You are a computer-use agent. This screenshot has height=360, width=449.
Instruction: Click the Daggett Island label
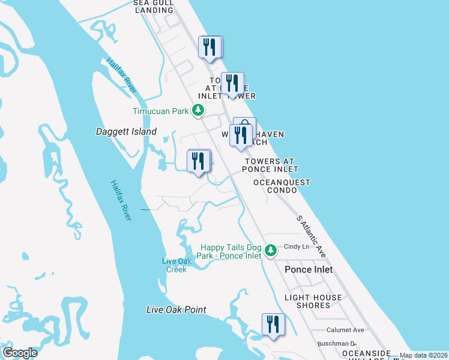[126, 131]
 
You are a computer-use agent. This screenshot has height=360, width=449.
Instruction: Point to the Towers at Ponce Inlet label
[270, 165]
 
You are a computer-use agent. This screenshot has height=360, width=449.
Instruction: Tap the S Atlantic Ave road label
[311, 237]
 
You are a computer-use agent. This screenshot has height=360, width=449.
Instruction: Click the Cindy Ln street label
[296, 247]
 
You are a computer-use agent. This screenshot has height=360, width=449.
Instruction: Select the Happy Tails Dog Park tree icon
[271, 249]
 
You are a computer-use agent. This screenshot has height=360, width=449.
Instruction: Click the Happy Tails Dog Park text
[231, 251]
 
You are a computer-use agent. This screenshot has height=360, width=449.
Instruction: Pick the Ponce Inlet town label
[309, 269]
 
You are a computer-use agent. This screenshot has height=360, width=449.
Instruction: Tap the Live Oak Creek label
[174, 265]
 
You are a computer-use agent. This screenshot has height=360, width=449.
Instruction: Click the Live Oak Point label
[176, 310]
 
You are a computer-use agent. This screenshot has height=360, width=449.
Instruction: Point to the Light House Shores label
[313, 301]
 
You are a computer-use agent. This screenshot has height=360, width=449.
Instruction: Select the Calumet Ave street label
[345, 330]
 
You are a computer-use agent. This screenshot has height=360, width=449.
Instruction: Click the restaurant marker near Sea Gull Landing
[210, 47]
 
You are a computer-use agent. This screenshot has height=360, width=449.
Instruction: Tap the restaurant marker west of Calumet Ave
[273, 325]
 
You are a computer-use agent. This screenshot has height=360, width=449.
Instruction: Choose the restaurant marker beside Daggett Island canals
[198, 161]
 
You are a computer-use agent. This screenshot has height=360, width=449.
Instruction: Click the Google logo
[20, 352]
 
